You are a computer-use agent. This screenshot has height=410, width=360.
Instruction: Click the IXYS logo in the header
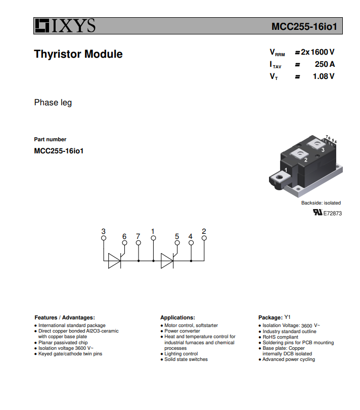(65, 26)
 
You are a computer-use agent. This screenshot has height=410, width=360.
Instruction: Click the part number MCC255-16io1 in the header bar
(304, 26)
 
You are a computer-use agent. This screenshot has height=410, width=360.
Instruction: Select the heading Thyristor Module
(78, 54)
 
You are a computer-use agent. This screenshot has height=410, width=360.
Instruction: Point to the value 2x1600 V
(318, 52)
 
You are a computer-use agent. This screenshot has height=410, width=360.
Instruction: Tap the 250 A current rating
(325, 64)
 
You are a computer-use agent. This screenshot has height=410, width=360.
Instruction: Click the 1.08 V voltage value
(324, 76)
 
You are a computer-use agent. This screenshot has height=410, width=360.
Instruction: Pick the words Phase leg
(53, 103)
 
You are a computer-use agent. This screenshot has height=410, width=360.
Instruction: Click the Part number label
(50, 139)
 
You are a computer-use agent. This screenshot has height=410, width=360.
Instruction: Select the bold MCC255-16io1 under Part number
(59, 151)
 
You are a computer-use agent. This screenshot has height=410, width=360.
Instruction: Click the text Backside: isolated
(321, 203)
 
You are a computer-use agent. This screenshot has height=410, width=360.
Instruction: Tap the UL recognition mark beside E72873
(318, 212)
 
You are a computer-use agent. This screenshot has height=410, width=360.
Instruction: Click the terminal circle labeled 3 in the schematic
(104, 238)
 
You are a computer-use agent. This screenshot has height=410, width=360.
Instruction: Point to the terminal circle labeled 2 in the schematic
(204, 238)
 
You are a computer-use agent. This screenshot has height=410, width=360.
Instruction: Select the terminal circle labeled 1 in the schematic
(153, 238)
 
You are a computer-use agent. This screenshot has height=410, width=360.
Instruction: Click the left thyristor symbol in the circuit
(115, 261)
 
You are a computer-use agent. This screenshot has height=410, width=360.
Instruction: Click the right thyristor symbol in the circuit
(167, 261)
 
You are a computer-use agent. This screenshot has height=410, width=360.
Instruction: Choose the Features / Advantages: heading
(65, 318)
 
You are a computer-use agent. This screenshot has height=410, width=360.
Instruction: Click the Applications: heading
(177, 318)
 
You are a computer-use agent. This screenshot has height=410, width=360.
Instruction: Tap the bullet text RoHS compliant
(280, 337)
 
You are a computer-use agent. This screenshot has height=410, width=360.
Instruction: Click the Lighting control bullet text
(181, 354)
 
